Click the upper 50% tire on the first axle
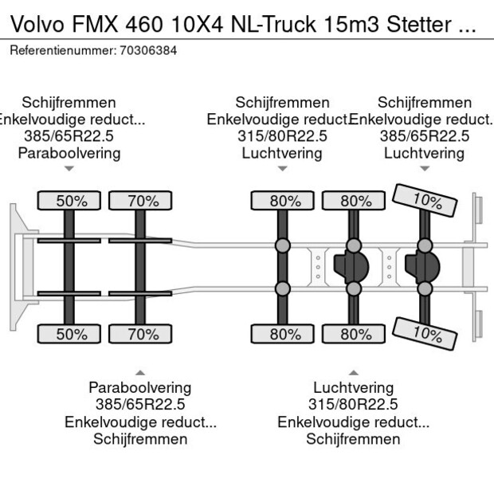coord(71,201)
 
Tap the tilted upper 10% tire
coord(424,200)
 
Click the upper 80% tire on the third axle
coord(282,201)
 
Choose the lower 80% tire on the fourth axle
coord(353,334)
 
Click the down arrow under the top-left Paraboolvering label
coord(69,169)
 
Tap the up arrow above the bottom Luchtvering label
coord(353,372)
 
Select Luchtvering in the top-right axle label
coord(424,153)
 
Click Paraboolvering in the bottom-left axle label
coord(140,388)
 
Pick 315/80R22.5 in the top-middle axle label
coord(282,136)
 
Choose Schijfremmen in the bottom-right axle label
coord(353,439)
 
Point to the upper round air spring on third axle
coord(282,245)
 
